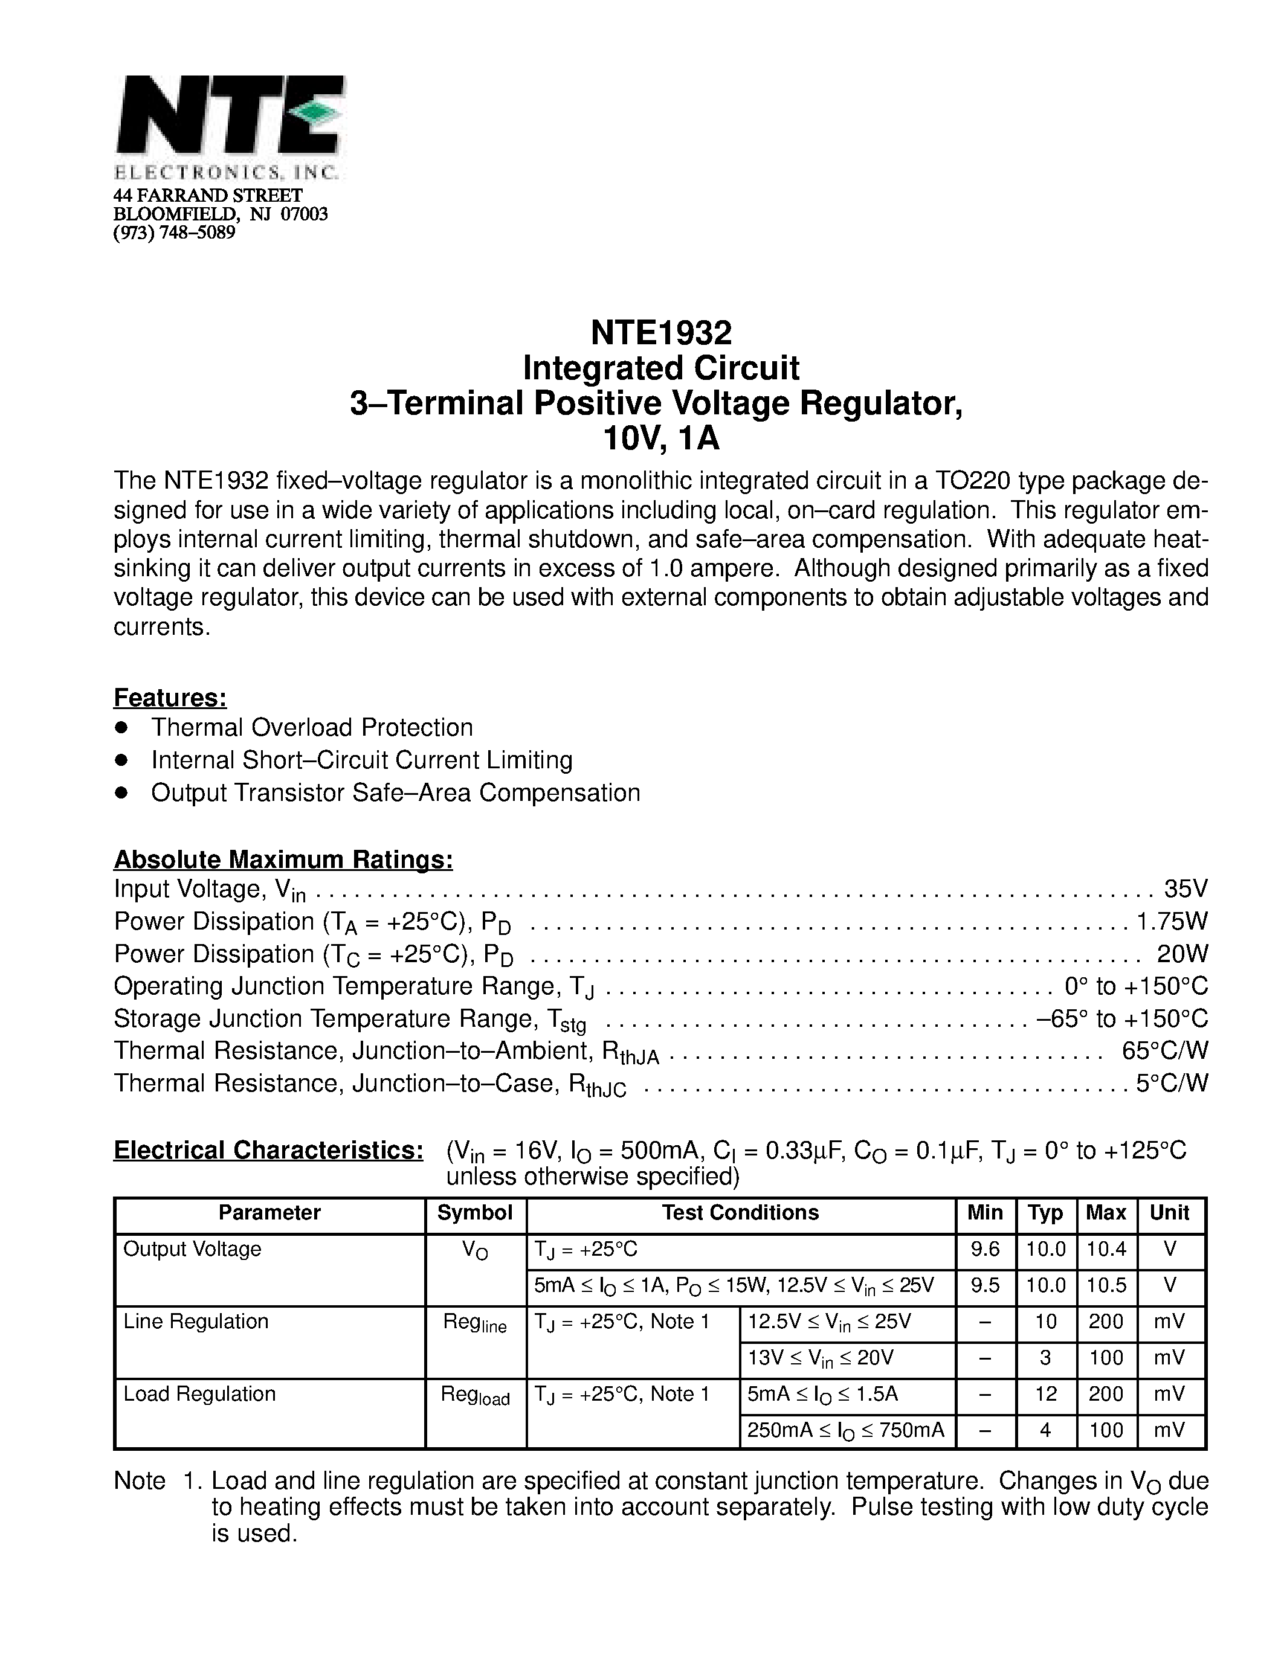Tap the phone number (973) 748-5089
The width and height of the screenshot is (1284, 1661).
click(x=174, y=233)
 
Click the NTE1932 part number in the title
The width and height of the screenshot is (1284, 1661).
click(x=660, y=332)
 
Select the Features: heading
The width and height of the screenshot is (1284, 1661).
click(x=170, y=698)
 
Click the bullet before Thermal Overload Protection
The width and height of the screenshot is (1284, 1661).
click(x=120, y=728)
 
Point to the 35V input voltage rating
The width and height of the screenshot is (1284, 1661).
click(x=1185, y=888)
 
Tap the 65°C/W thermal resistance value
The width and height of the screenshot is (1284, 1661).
click(x=1164, y=1050)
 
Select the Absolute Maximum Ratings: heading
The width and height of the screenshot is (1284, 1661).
click(x=283, y=859)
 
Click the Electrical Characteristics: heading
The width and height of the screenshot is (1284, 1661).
click(x=268, y=1150)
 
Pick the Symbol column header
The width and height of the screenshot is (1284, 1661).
click(x=475, y=1213)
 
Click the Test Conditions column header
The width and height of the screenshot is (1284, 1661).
click(x=740, y=1213)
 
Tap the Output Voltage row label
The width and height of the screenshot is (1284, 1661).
click(x=192, y=1250)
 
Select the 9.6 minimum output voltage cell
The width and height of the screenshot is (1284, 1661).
click(x=985, y=1250)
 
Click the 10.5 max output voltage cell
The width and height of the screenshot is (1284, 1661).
click(x=1106, y=1286)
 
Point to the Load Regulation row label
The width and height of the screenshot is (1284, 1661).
click(x=199, y=1394)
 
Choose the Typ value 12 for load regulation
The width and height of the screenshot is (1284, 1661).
click(x=1046, y=1394)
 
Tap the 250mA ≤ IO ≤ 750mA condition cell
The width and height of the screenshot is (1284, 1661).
click(x=845, y=1430)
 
